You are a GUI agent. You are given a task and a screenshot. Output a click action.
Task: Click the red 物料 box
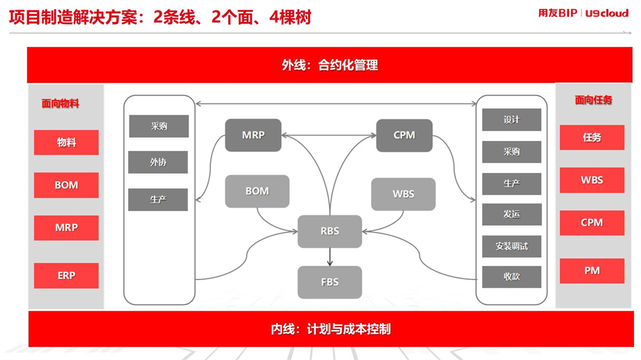coord(66,142)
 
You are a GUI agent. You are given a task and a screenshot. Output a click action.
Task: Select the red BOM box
coord(66,185)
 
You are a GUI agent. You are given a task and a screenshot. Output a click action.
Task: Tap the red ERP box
coord(66,276)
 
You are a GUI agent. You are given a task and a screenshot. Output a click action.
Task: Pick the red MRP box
coord(66,227)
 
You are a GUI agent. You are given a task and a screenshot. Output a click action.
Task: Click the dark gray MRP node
coord(253,135)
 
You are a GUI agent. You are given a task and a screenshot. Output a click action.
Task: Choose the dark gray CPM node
coord(404,135)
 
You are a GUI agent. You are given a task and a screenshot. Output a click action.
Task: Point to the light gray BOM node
coord(257,192)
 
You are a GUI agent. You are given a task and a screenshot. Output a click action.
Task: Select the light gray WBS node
coord(403,194)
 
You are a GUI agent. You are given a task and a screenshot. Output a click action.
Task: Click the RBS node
coord(329,231)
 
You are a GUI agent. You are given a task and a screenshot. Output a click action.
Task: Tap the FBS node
coord(329,282)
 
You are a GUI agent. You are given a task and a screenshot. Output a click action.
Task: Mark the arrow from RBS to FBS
coord(329,257)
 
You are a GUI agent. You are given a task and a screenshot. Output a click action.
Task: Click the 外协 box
coord(158,162)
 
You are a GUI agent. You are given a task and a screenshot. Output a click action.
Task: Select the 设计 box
coord(512,120)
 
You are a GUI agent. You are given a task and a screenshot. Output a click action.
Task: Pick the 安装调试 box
coord(512,247)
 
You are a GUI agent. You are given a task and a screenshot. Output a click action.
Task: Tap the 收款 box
coord(512,277)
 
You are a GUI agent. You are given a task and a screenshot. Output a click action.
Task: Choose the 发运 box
coord(512,215)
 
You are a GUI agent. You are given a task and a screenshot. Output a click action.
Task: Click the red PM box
coord(592,271)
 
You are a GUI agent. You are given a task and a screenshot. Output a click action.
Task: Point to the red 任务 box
coord(592,138)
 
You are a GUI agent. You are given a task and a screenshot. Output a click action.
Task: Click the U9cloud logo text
coord(606,13)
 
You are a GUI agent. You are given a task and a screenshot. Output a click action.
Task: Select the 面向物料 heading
coord(60,104)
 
